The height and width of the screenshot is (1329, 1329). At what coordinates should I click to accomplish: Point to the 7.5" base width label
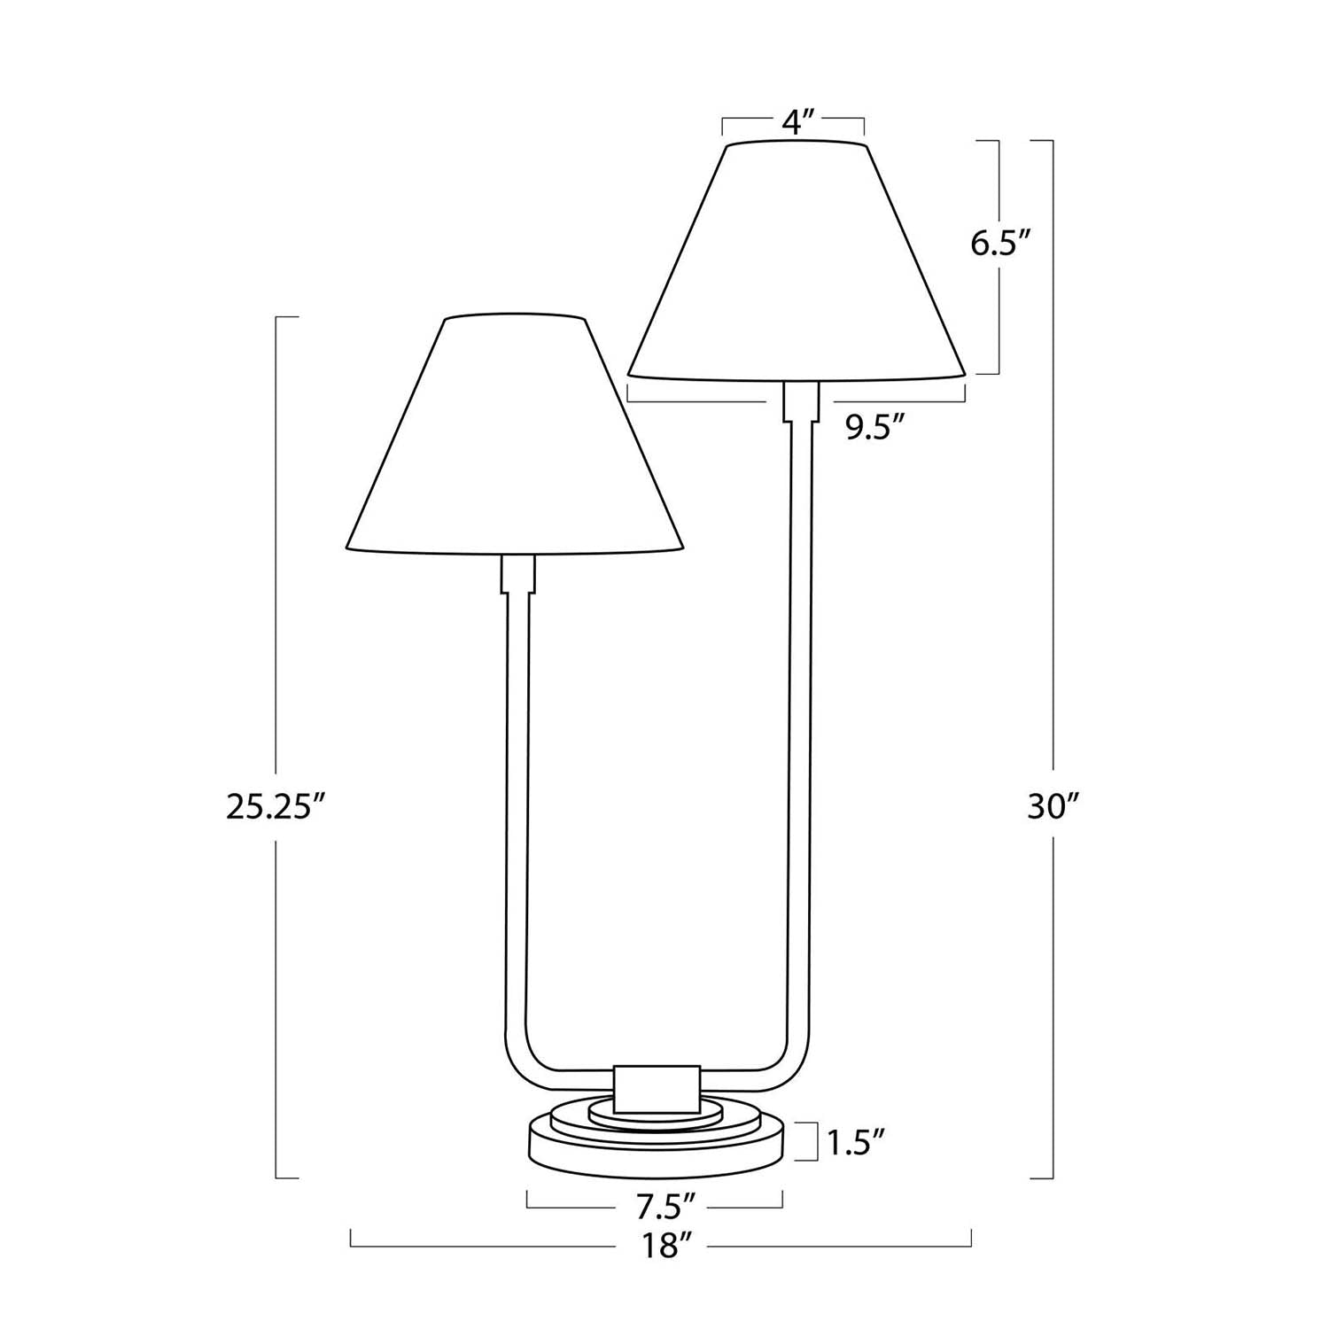(656, 1206)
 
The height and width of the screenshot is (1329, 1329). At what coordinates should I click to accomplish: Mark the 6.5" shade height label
(1001, 243)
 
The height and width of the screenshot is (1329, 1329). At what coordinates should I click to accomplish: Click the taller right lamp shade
(796, 266)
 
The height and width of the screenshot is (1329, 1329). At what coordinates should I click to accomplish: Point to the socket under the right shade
(801, 400)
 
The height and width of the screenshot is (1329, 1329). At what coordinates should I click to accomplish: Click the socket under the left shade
(519, 574)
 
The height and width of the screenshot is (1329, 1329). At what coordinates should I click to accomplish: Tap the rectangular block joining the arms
(657, 1088)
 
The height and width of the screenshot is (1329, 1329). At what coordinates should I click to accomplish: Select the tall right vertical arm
(799, 709)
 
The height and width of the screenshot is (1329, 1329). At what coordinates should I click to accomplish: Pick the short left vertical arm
(517, 797)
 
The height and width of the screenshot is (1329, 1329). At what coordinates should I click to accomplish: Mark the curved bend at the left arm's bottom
(523, 1068)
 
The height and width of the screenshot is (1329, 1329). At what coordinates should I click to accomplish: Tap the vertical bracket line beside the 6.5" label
(999, 177)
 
